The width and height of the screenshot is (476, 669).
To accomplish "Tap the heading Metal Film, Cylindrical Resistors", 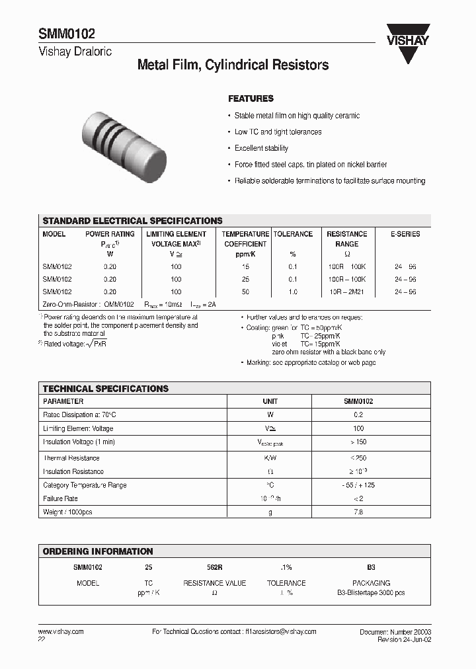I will [x=233, y=65].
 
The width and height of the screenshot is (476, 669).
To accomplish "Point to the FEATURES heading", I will [x=251, y=98].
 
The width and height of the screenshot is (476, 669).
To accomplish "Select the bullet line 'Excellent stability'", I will [x=261, y=148].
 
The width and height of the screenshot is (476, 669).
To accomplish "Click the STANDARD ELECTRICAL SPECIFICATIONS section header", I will [x=132, y=221].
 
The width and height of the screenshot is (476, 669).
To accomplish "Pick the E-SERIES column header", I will [x=405, y=234].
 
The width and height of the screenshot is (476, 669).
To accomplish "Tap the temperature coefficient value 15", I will [x=245, y=266].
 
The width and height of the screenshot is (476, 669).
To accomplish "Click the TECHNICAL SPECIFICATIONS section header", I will [x=106, y=389].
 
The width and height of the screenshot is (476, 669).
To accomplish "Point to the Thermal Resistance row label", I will [x=71, y=458].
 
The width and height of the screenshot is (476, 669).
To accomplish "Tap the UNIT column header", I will [x=270, y=401].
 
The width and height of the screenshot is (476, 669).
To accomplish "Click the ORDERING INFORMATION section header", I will [x=98, y=551].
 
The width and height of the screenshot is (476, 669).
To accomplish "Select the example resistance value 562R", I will [x=214, y=567].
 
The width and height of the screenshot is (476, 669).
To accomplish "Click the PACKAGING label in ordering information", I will [x=371, y=583].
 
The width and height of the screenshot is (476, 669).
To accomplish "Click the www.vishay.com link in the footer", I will [x=61, y=632].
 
